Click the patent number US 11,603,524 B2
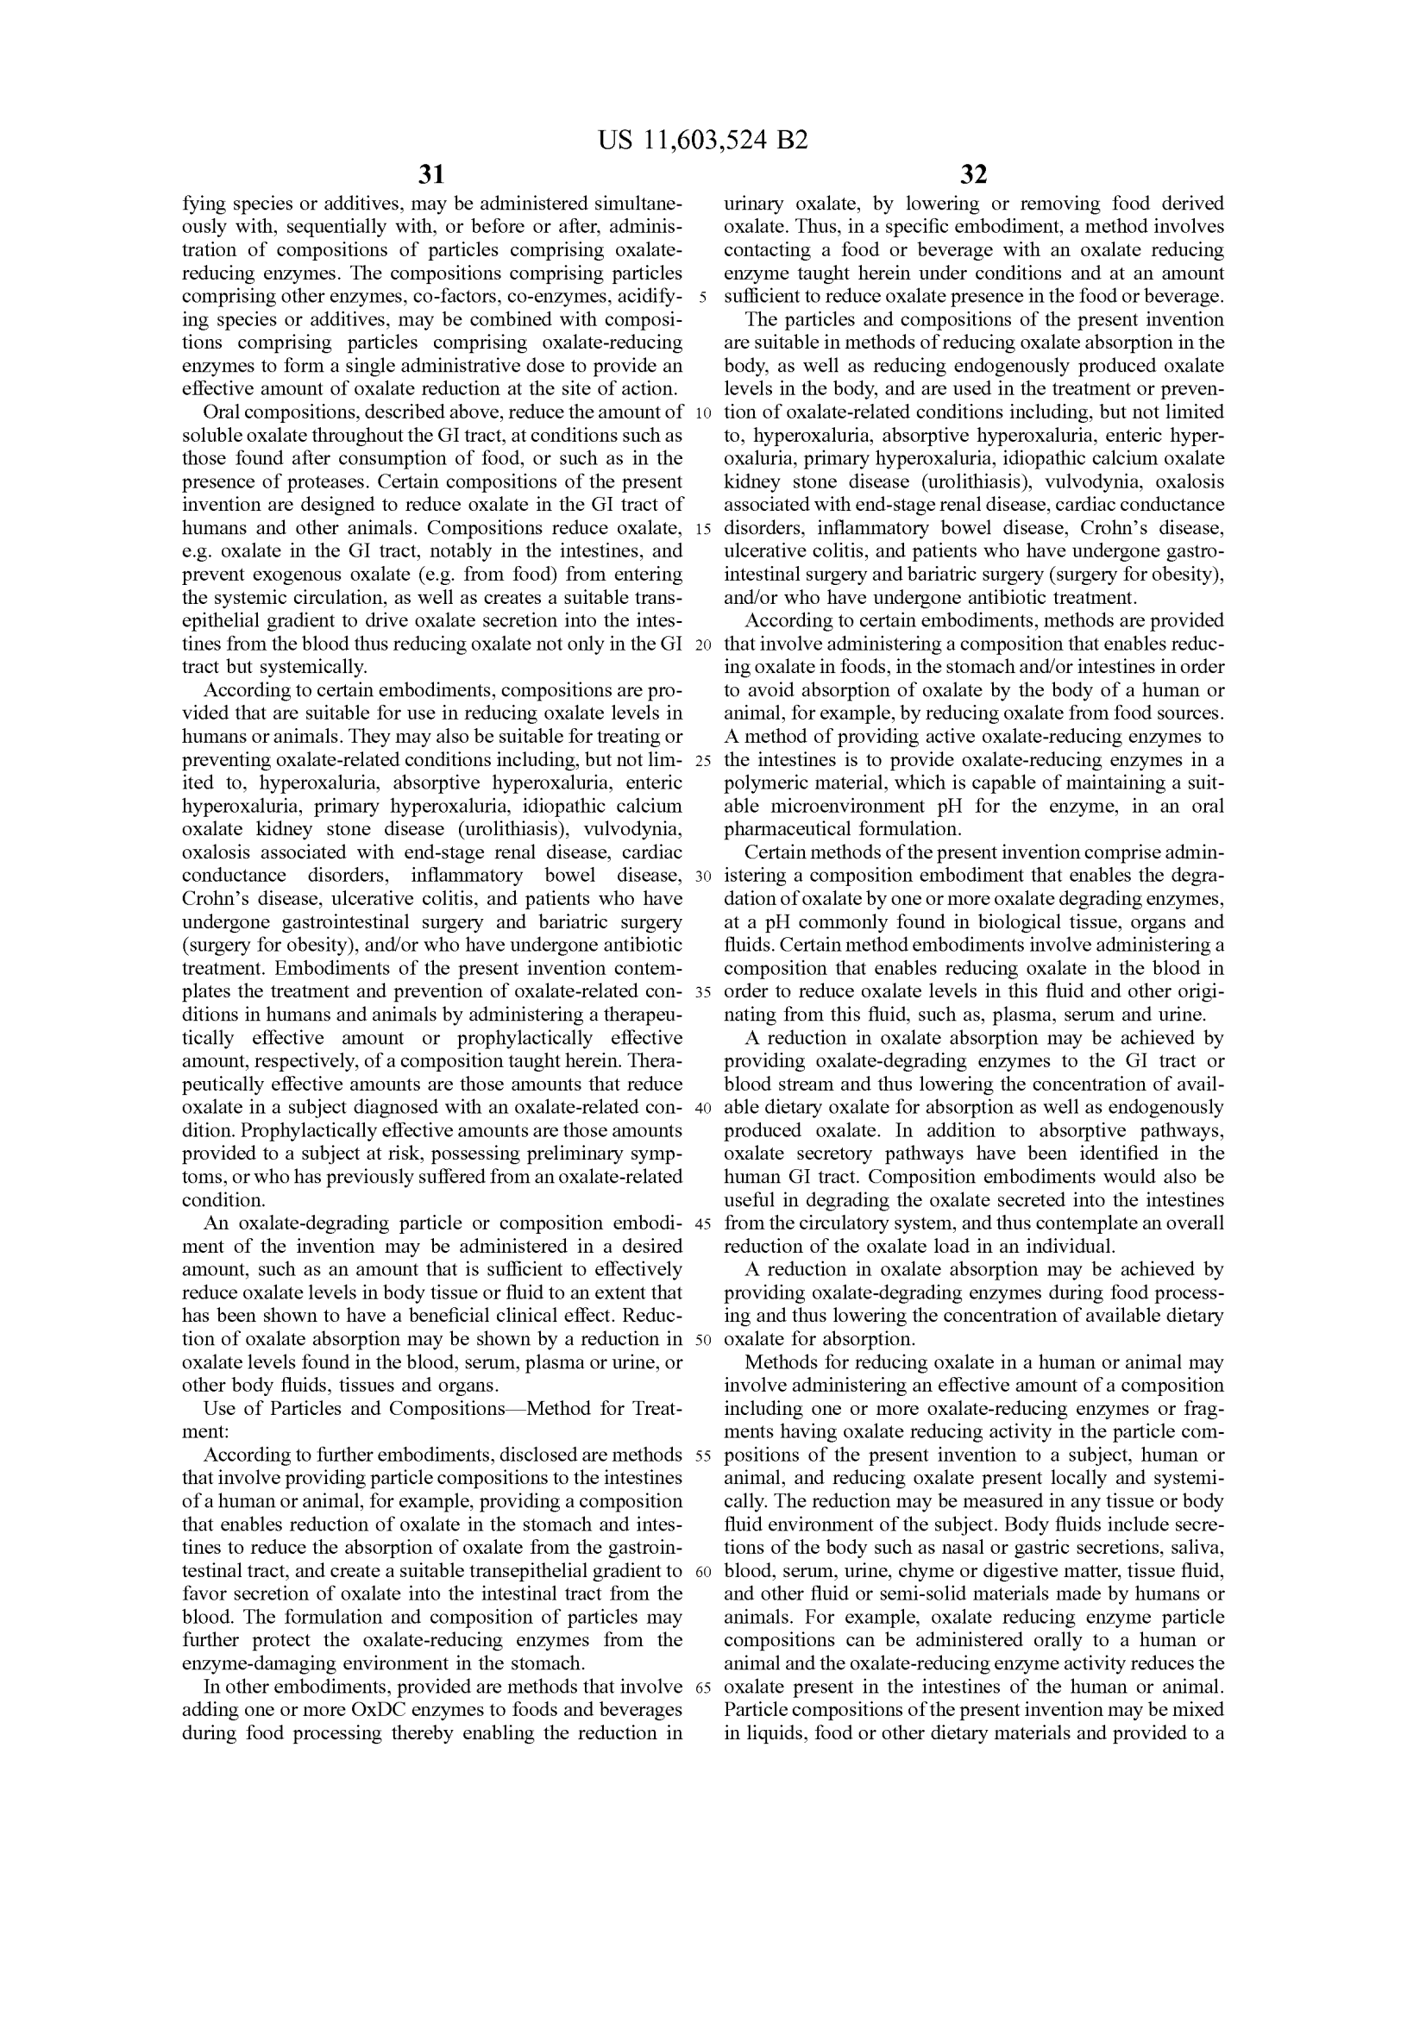click(x=703, y=141)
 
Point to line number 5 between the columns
click(x=703, y=297)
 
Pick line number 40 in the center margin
click(x=703, y=1108)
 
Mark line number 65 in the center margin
click(x=703, y=1688)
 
